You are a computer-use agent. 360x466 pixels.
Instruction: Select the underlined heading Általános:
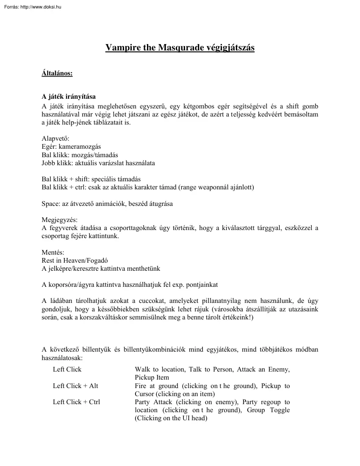(57, 73)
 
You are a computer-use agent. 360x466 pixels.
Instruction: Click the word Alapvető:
(55, 139)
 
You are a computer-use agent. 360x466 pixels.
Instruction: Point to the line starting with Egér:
(71, 147)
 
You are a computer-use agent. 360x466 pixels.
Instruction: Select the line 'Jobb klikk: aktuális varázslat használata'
(98, 163)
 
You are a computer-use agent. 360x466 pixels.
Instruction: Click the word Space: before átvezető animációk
(51, 203)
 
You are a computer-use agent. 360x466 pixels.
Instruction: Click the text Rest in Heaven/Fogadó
(78, 261)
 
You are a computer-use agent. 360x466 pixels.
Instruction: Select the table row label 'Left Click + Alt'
(75, 386)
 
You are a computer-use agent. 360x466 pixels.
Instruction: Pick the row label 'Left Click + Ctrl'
(76, 402)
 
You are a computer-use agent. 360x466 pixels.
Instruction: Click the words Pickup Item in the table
(152, 377)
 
